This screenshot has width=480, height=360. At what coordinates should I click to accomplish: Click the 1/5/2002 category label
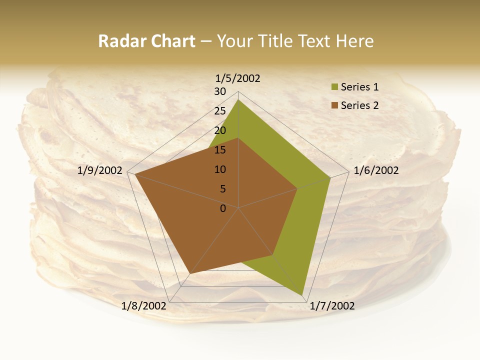(237, 78)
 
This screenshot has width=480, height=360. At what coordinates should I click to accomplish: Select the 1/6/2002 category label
(376, 170)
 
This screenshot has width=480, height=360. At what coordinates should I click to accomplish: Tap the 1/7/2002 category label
(332, 306)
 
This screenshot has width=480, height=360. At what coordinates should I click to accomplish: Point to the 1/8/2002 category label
(143, 306)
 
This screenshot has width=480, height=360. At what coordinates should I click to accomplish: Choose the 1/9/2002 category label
(100, 170)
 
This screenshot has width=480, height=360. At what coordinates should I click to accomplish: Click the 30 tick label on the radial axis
(220, 91)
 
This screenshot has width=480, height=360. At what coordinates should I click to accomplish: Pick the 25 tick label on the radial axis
(220, 111)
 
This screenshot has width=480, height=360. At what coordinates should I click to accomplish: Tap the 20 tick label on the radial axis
(220, 130)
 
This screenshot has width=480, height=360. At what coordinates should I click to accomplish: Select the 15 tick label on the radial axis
(220, 150)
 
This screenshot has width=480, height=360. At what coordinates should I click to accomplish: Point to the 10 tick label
(220, 169)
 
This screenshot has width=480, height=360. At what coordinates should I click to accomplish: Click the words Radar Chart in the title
(146, 41)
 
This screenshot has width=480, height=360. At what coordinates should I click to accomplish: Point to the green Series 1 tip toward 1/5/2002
(238, 100)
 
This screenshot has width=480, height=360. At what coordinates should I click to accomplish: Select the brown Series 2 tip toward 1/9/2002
(135, 174)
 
